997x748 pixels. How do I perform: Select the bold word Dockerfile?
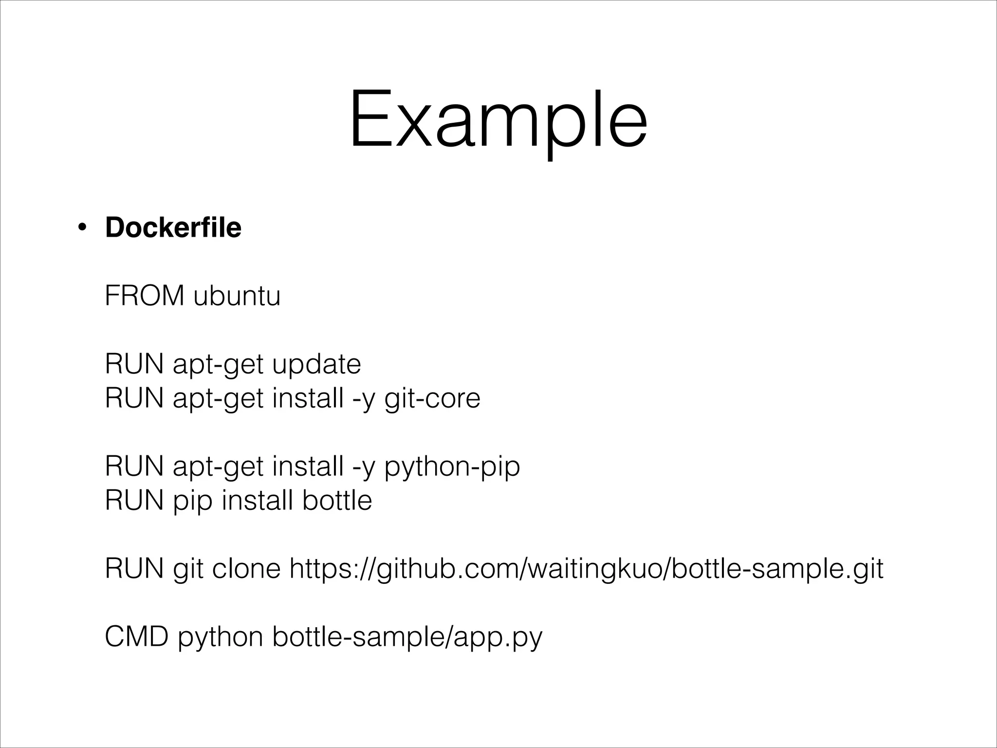click(x=173, y=227)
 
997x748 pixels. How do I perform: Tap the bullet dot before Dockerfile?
click(x=82, y=228)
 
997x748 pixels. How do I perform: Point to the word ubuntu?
click(x=237, y=296)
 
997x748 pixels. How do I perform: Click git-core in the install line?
click(x=432, y=399)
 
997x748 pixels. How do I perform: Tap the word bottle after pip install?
click(x=337, y=501)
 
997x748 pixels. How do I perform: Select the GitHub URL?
click(x=586, y=569)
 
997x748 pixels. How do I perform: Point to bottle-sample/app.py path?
click(x=407, y=637)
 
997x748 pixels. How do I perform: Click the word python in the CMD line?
click(x=220, y=637)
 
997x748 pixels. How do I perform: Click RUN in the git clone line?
click(x=134, y=568)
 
